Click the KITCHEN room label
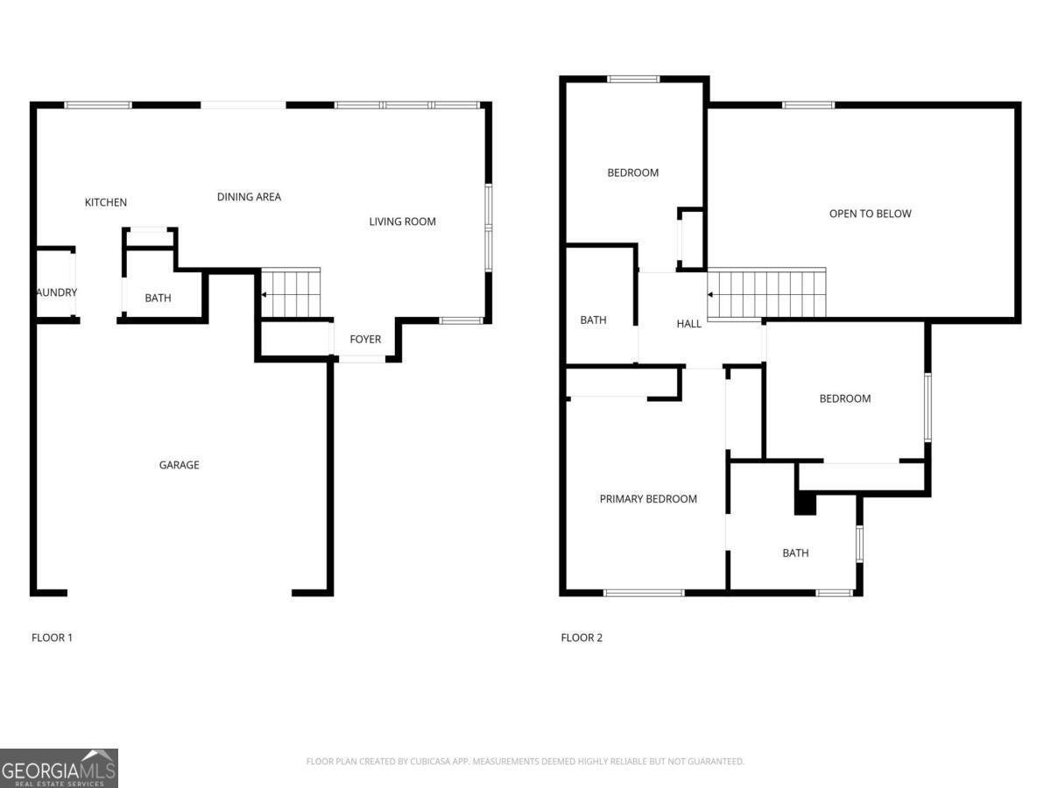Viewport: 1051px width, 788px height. [x=106, y=202]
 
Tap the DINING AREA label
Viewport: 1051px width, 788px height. [x=249, y=197]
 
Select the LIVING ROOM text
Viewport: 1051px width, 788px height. [x=402, y=222]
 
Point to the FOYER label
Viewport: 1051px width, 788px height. [x=365, y=339]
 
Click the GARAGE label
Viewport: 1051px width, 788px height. [x=179, y=465]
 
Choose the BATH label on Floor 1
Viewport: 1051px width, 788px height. [x=158, y=299]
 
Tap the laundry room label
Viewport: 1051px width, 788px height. [x=57, y=292]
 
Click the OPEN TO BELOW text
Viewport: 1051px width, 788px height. [x=870, y=214]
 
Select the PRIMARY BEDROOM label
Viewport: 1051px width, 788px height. [x=648, y=499]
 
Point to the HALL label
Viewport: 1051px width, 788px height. [x=688, y=324]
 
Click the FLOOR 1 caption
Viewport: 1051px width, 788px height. [x=52, y=637]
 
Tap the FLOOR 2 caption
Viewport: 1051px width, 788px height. [x=582, y=637]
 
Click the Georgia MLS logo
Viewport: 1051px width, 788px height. [x=59, y=768]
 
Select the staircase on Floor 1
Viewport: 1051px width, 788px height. [x=292, y=293]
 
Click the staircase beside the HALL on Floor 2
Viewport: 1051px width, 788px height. [x=767, y=294]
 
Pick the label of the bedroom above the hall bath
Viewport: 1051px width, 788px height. [x=632, y=172]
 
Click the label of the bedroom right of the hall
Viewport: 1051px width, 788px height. [x=844, y=398]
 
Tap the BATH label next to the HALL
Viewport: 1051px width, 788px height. [x=593, y=320]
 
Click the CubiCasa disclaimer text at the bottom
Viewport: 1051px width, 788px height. [x=525, y=762]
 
